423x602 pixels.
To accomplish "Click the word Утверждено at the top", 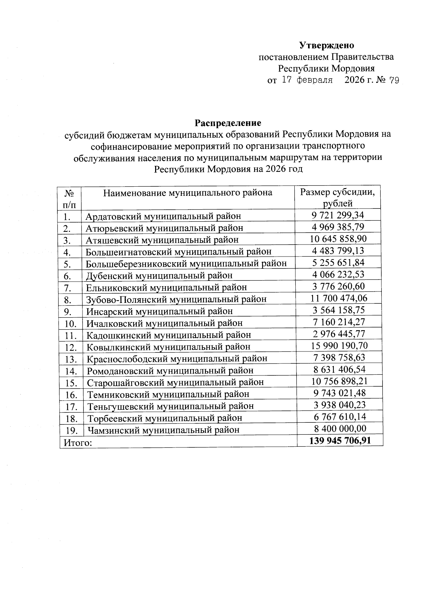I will pyautogui.click(x=326, y=45).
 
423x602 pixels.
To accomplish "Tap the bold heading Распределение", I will pyautogui.click(x=228, y=123).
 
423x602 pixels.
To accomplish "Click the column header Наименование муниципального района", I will pyautogui.click(x=188, y=193).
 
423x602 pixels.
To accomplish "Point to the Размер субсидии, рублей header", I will pyautogui.click(x=337, y=197).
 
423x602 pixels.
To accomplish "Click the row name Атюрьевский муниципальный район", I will pyautogui.click(x=164, y=228).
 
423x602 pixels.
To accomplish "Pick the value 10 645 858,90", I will pyautogui.click(x=338, y=239).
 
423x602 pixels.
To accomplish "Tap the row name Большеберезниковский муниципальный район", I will pyautogui.click(x=186, y=264).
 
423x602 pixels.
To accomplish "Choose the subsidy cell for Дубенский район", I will pyautogui.click(x=338, y=275).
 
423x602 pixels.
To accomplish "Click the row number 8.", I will pyautogui.click(x=68, y=300).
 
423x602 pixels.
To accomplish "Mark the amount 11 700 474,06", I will pyautogui.click(x=338, y=299).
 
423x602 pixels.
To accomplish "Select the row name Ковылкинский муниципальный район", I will pyautogui.click(x=168, y=347).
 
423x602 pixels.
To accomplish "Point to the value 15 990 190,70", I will pyautogui.click(x=339, y=346).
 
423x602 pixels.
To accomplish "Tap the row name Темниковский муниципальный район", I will pyautogui.click(x=168, y=394).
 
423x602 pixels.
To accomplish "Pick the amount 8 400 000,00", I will pyautogui.click(x=340, y=429).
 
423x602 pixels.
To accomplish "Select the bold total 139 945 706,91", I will pyautogui.click(x=340, y=440).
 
